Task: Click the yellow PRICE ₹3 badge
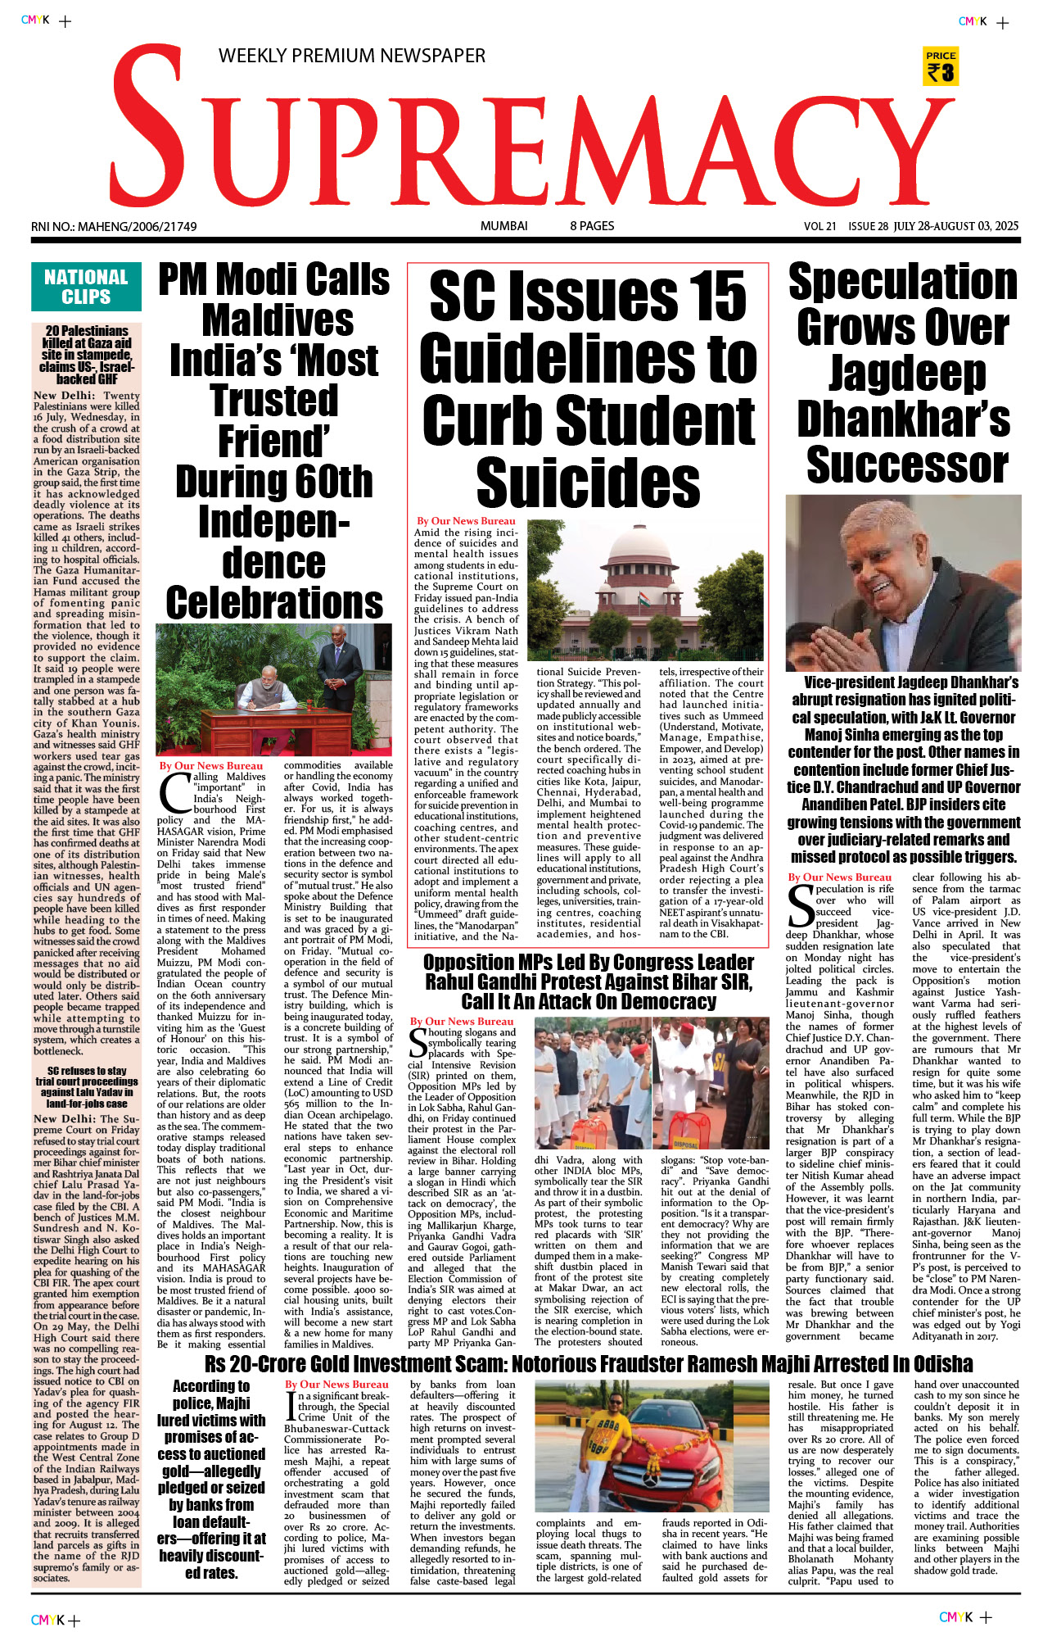(941, 66)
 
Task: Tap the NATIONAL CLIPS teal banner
(86, 287)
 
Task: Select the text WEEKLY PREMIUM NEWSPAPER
(351, 56)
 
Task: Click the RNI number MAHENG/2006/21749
(114, 226)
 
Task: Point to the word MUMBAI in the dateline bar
(503, 226)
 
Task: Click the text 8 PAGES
(592, 226)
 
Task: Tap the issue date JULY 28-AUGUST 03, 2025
(955, 226)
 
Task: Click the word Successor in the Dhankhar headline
(907, 465)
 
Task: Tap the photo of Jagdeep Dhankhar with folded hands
(903, 583)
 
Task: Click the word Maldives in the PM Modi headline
(278, 320)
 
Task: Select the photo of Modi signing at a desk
(273, 691)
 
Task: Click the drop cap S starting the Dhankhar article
(800, 904)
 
